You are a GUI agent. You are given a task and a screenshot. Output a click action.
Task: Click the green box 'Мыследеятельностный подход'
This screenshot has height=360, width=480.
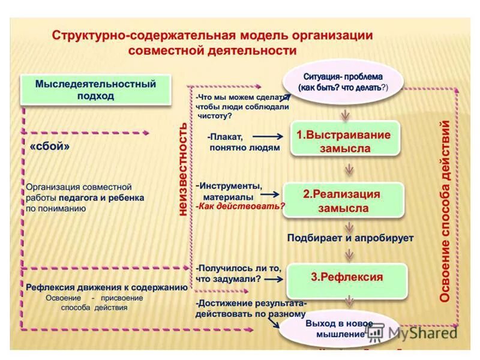tap(95, 89)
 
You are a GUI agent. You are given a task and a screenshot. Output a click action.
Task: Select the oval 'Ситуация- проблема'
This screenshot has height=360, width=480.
tap(343, 82)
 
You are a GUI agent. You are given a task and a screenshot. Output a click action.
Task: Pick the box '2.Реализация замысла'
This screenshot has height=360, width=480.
tap(343, 200)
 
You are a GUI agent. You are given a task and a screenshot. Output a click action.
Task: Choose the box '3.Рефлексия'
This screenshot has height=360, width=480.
tap(346, 277)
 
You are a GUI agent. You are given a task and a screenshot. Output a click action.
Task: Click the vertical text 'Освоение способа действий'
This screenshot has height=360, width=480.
tap(446, 211)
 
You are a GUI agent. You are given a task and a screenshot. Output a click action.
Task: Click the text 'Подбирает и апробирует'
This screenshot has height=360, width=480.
tap(350, 238)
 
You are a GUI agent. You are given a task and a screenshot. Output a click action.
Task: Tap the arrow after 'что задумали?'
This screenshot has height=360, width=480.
tap(273, 278)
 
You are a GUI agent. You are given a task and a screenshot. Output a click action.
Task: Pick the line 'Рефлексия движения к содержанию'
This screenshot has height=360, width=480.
tap(107, 287)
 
